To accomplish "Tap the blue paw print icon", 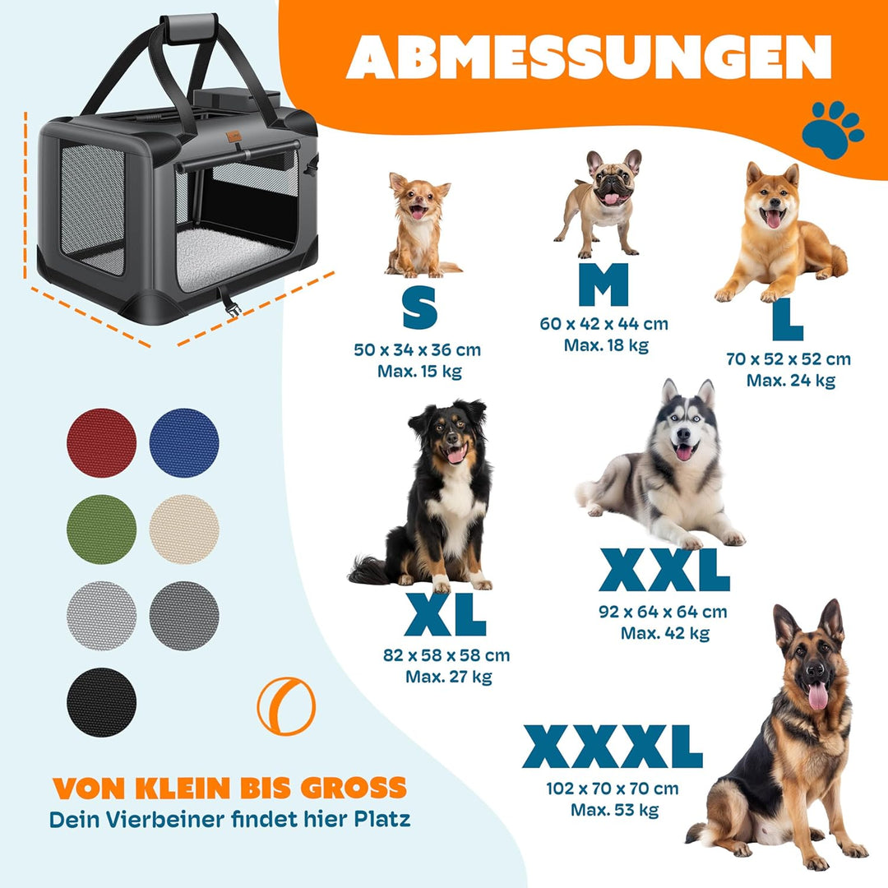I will [832, 128].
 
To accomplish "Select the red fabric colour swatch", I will [102, 442].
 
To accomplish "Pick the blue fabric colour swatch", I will [184, 442].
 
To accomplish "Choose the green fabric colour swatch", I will [102, 529].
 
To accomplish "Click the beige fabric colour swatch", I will [184, 529].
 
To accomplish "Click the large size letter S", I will [419, 308].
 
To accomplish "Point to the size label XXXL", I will [613, 747].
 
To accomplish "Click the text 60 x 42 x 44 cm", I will [604, 324].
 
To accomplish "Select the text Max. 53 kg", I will [615, 810].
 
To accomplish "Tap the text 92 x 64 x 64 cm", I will [664, 612].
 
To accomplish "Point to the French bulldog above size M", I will [604, 201].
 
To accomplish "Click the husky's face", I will [684, 423].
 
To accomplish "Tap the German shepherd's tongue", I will [817, 697].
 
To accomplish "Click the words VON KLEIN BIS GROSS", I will [230, 788].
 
